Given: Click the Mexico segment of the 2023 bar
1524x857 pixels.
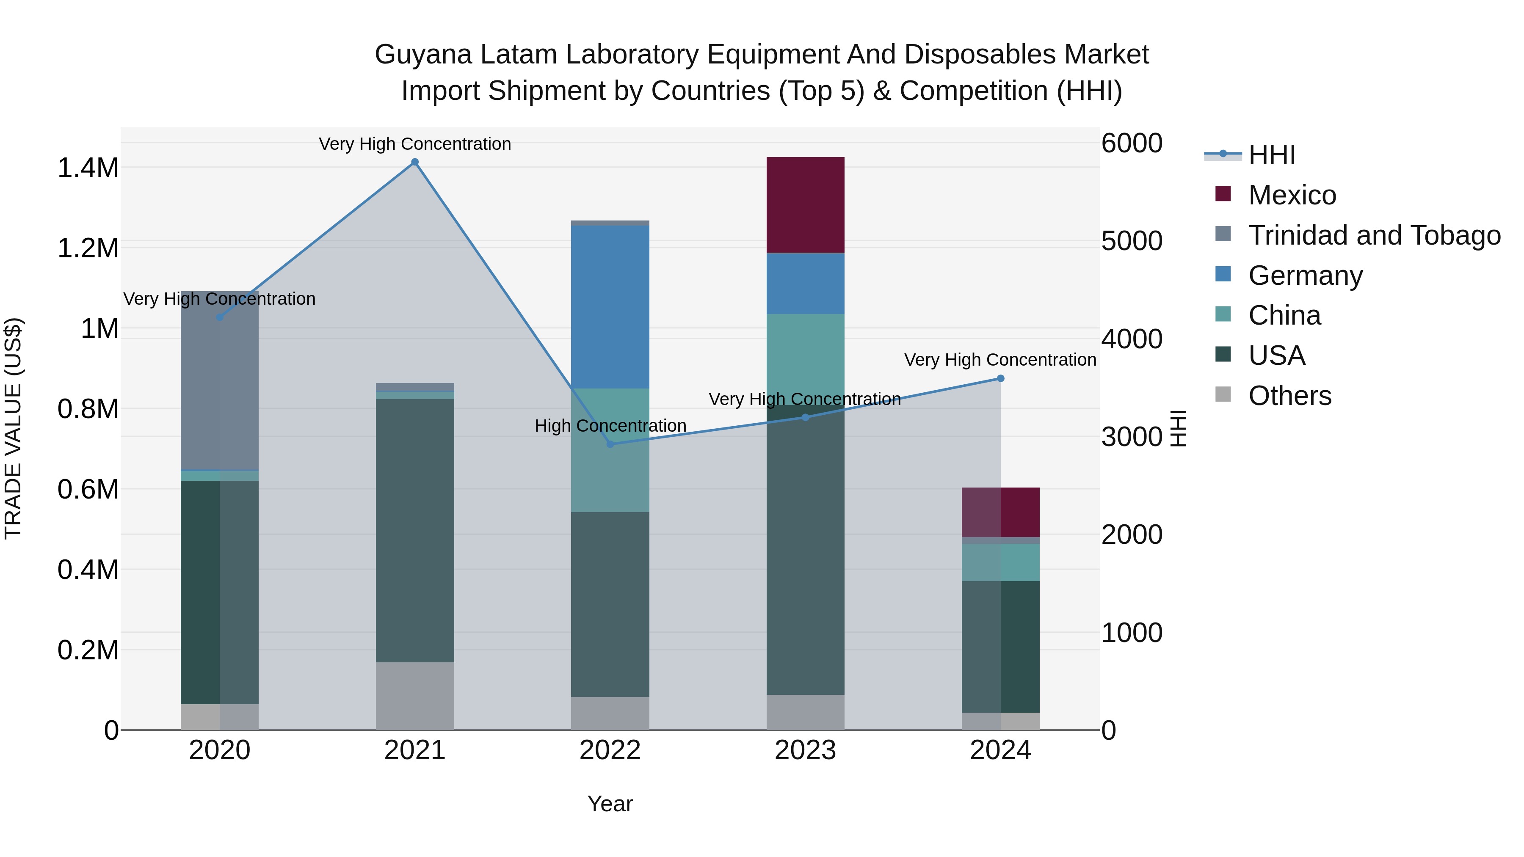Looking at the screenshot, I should click(805, 205).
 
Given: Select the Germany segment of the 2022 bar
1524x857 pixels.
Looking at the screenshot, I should click(610, 306).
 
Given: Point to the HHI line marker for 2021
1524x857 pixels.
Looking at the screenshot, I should click(415, 162).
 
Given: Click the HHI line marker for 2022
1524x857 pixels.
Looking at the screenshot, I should click(610, 444).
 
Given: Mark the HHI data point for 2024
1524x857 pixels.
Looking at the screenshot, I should click(1000, 378).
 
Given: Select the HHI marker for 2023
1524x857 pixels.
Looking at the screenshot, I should click(805, 418).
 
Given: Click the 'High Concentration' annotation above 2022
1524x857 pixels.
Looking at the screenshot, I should click(610, 426).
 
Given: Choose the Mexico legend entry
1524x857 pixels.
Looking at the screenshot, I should click(1292, 195).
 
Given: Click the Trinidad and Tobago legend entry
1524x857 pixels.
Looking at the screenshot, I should click(1374, 235).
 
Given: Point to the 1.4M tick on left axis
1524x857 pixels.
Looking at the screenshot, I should click(88, 168).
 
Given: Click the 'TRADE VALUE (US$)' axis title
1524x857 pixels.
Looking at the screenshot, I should click(13, 428).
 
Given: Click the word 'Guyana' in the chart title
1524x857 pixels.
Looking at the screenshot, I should click(424, 55).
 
